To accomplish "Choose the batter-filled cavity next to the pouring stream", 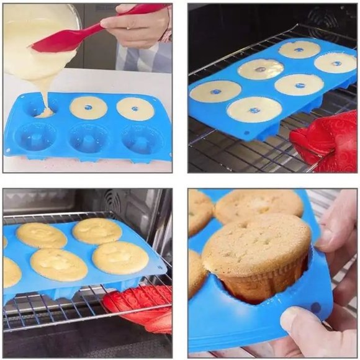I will coord(88,107).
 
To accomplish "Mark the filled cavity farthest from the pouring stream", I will coord(135,109).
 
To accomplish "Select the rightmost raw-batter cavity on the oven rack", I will coord(335,62).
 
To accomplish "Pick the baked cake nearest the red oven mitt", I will coord(120,258).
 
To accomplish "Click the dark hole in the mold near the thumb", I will coord(317,308).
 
